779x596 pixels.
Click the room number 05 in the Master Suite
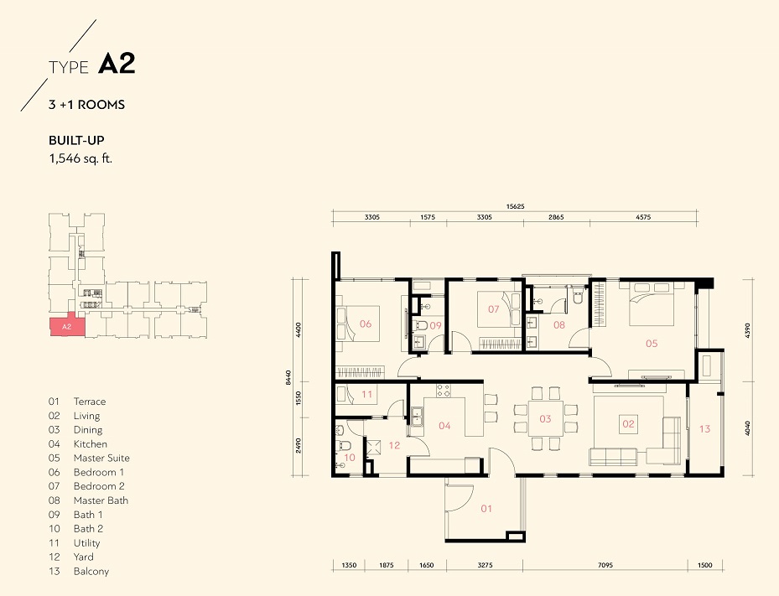(652, 343)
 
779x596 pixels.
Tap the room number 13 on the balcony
(704, 428)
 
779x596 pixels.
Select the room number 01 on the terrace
(486, 509)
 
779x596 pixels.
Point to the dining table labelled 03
(545, 418)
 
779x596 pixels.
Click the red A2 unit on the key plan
(67, 326)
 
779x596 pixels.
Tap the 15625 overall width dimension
(515, 206)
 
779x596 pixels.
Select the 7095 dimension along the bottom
(605, 565)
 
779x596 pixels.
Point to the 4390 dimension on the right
(748, 330)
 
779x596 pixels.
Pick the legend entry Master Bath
(101, 500)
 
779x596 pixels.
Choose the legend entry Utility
(87, 543)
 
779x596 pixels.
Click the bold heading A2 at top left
(117, 64)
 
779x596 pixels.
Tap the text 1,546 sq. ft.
(80, 158)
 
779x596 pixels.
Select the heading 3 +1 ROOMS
(86, 104)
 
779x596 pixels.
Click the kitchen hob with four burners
(444, 391)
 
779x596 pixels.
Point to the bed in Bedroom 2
(498, 309)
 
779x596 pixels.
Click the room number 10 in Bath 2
(350, 458)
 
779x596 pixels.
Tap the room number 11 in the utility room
(366, 394)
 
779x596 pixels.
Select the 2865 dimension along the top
(557, 217)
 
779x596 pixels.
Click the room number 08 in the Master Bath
(559, 324)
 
